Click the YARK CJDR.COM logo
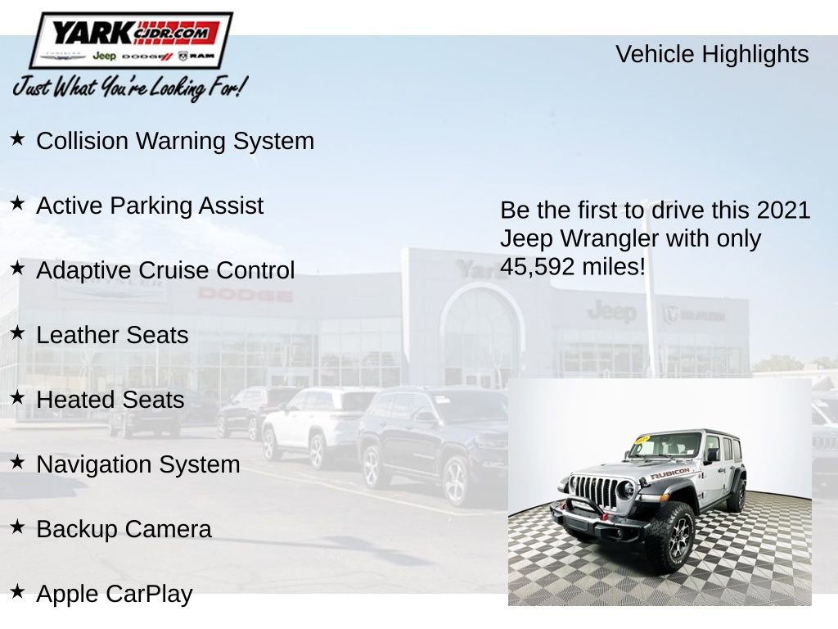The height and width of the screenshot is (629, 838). click(x=131, y=40)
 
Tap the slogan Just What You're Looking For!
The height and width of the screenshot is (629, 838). click(x=128, y=87)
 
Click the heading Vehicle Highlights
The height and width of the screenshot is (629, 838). click(x=711, y=54)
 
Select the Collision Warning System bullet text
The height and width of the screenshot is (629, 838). click(x=175, y=141)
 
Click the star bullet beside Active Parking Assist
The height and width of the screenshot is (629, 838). click(x=18, y=204)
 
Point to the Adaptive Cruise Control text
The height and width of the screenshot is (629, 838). click(x=165, y=270)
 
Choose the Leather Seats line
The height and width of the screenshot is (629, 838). click(x=112, y=335)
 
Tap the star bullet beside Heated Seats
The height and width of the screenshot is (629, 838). click(x=18, y=398)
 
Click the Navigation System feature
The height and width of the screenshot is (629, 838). click(x=138, y=464)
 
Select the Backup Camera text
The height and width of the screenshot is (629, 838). click(x=124, y=529)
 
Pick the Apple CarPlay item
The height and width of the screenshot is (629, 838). click(x=115, y=594)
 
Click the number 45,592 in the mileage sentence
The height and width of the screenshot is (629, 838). click(x=537, y=267)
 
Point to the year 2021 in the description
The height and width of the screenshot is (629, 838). click(x=783, y=210)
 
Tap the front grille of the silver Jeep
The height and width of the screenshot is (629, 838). click(x=594, y=491)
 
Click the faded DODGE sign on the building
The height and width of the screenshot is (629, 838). click(x=245, y=294)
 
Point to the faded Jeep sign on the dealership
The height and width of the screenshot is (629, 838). click(x=611, y=311)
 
